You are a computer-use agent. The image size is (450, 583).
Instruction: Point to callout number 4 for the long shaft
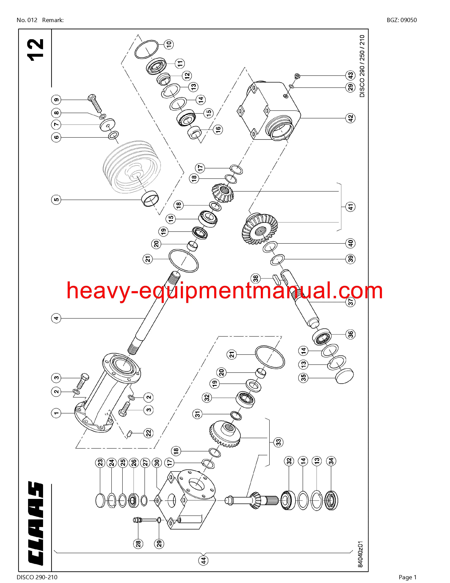tap(56, 318)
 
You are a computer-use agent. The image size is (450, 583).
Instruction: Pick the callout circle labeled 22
tap(148, 433)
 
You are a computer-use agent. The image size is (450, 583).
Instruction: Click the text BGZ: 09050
tap(402, 20)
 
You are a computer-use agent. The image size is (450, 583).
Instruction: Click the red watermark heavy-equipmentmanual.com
tap(224, 292)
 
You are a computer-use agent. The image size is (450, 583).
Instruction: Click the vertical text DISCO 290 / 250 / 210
tap(362, 66)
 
